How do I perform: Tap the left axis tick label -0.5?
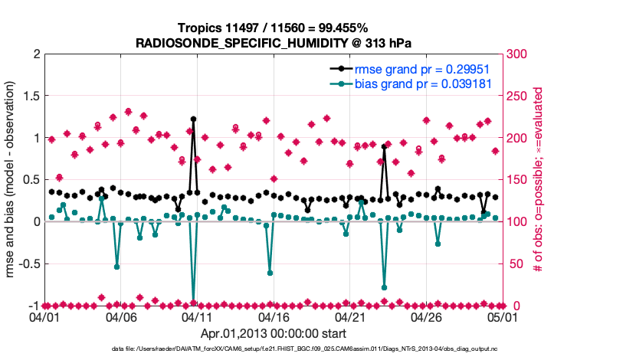[27, 263]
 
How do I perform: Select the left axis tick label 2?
[34, 54]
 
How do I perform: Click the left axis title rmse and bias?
[11, 180]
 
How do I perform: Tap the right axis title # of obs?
[539, 180]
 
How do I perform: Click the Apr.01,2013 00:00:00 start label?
[273, 333]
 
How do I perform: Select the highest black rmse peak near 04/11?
[193, 119]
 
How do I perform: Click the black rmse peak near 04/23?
[384, 146]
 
